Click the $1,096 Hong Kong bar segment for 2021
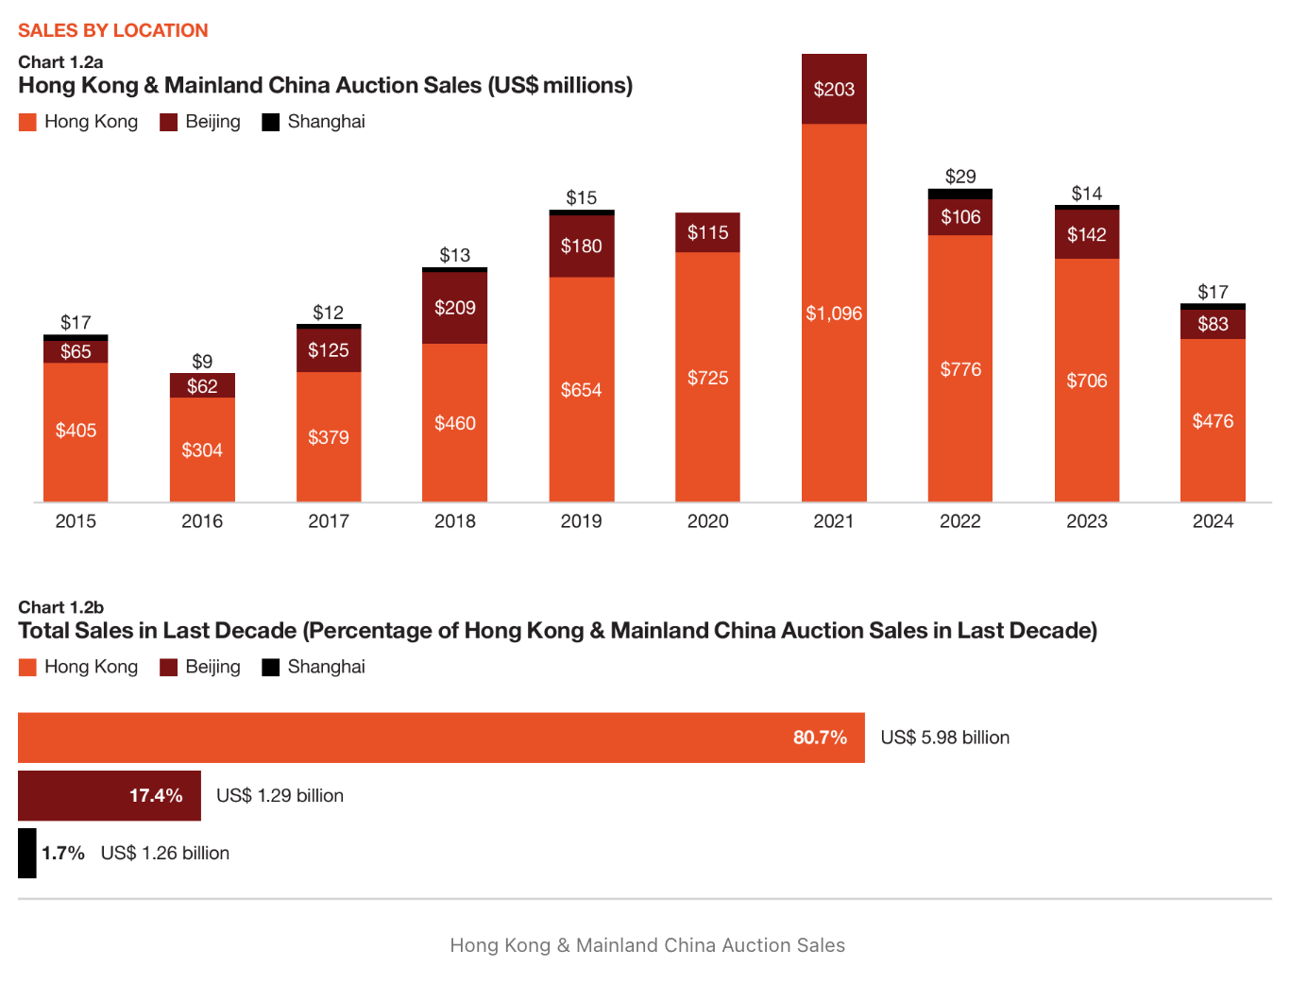pos(834,314)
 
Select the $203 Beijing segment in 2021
pos(834,89)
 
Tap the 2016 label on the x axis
pos(202,521)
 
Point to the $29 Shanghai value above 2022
pos(960,177)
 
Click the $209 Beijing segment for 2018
pos(455,308)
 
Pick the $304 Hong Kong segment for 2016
pos(202,450)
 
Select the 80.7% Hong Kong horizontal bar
pos(441,738)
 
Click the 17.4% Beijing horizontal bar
pos(109,796)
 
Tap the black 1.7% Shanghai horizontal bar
pos(27,854)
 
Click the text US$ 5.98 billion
pos(944,738)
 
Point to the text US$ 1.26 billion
pos(165,854)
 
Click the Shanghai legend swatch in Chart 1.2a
pos(271,122)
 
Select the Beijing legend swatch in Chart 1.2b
pos(169,668)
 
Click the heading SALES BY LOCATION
pos(113,30)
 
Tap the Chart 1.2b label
pos(60,607)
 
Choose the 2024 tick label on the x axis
pos(1213,521)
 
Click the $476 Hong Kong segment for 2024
pos(1213,421)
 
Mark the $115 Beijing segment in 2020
pos(707,232)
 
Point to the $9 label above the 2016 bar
pos(202,362)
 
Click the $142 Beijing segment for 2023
pos(1087,234)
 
